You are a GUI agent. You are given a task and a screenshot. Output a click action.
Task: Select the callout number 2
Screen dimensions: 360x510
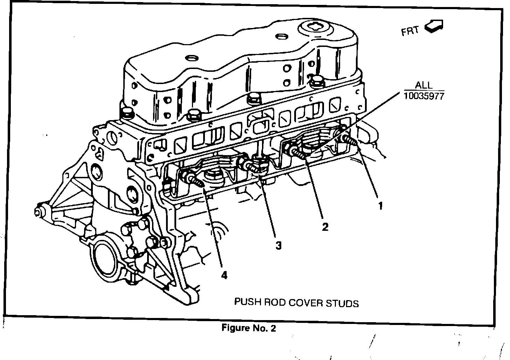325,227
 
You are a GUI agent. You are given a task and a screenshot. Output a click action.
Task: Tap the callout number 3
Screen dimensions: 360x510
278,246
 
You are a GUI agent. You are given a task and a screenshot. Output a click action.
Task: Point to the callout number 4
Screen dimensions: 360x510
223,275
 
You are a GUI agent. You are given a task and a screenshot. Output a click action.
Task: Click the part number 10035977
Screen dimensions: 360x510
423,96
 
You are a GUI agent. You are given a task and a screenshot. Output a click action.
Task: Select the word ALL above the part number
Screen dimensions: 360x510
423,85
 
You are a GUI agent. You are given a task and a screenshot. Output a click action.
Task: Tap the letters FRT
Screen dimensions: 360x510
410,31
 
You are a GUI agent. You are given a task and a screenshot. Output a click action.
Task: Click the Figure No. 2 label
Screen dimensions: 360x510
249,328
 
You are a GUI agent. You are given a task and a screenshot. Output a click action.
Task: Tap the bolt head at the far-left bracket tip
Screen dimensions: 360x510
38,212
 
